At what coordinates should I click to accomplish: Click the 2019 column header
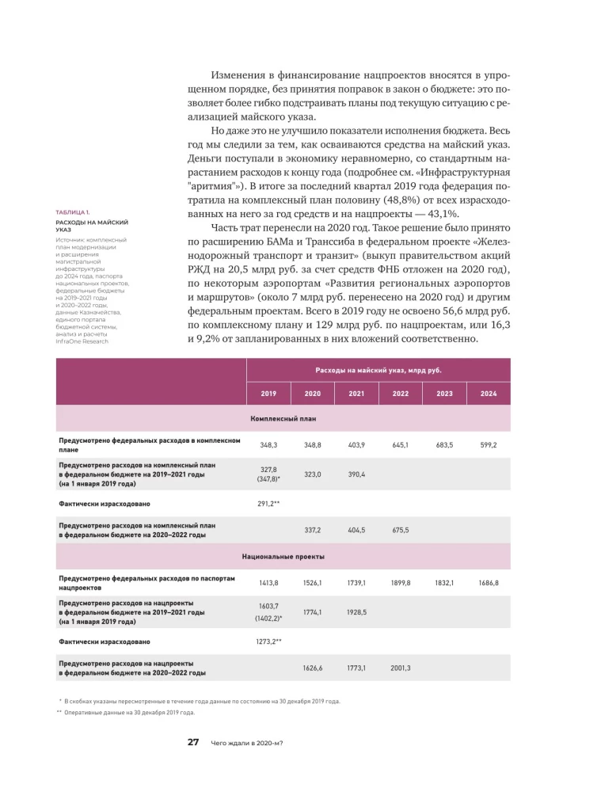click(268, 393)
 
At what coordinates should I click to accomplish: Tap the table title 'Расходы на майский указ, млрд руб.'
click(378, 370)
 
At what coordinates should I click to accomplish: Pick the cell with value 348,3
click(268, 446)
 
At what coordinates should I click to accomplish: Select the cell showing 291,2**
click(270, 503)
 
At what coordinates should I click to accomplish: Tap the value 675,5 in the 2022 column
click(400, 530)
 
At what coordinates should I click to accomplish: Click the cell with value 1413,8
click(268, 583)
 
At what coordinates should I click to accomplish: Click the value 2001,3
click(400, 668)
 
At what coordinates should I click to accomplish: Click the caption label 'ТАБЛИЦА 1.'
click(73, 213)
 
